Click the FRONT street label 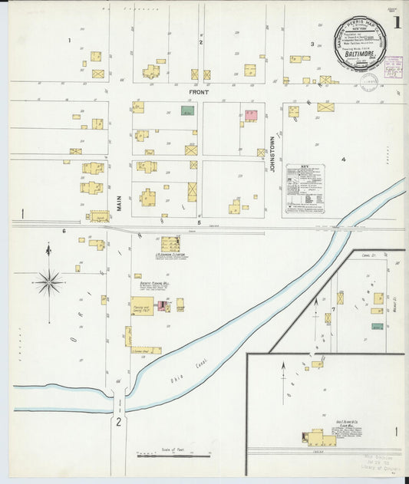pos(199,92)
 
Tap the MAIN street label pos(120,202)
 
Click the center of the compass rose pos(48,282)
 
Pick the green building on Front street pos(187,110)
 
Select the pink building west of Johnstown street pos(250,115)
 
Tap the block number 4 pos(344,160)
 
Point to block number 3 pos(312,44)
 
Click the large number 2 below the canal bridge pos(118,423)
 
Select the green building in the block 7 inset pos(377,326)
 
